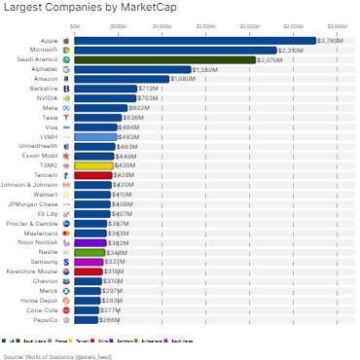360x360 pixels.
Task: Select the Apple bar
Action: click(x=195, y=41)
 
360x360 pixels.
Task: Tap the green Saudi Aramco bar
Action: click(x=164, y=59)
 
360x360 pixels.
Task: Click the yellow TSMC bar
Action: click(x=94, y=165)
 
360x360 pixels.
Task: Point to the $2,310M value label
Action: click(x=291, y=50)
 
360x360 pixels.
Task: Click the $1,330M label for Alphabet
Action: click(x=205, y=69)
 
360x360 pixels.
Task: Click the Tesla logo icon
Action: click(x=65, y=117)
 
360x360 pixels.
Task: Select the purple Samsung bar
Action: click(x=89, y=262)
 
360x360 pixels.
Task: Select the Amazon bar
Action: click(x=122, y=79)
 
